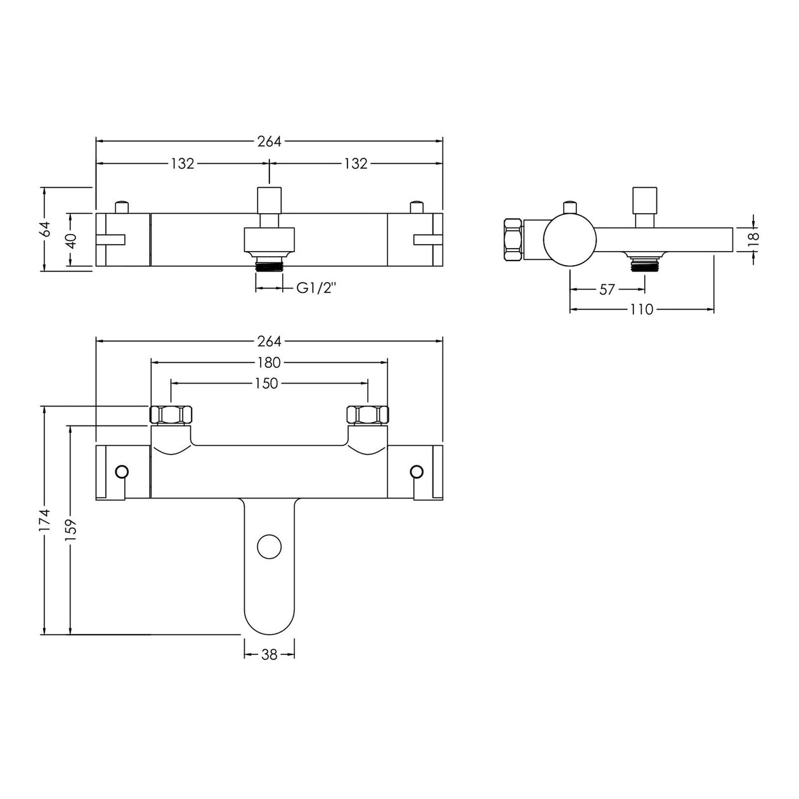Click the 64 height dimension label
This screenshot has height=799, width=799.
click(x=45, y=229)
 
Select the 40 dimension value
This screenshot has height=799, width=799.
click(x=71, y=241)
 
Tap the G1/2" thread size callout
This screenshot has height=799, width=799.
click(x=316, y=289)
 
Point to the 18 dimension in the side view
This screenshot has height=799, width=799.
click(x=753, y=238)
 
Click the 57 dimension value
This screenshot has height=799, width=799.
click(x=607, y=289)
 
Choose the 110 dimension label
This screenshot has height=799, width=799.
click(x=642, y=309)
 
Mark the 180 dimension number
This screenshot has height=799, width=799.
click(x=269, y=363)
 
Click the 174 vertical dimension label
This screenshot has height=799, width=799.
click(x=45, y=522)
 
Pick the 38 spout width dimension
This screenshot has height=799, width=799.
click(x=270, y=655)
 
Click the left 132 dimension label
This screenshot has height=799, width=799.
click(x=183, y=164)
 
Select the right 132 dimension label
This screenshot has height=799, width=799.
click(x=356, y=164)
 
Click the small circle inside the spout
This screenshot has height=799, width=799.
click(x=270, y=547)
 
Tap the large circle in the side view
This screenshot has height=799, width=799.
click(x=569, y=240)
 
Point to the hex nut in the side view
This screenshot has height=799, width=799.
click(x=512, y=240)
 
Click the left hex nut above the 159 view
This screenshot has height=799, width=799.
click(x=171, y=415)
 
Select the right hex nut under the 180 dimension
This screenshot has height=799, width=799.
click(x=368, y=415)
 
